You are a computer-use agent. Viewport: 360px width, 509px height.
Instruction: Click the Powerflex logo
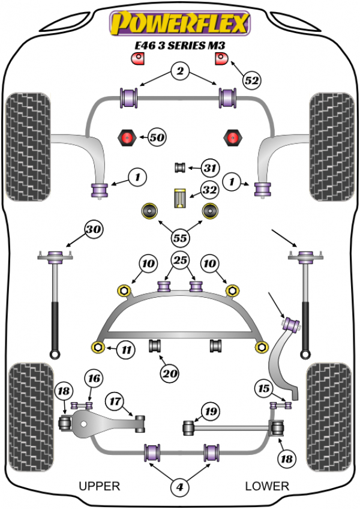coord(178,22)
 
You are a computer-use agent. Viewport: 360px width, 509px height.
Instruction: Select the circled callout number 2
coord(179,73)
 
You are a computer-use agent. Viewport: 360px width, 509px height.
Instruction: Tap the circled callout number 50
coord(157,137)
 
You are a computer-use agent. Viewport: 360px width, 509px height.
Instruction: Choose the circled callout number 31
coord(211,168)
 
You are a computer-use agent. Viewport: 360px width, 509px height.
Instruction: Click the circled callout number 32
coord(209,191)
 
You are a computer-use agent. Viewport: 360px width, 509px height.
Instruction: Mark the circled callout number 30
coord(93,229)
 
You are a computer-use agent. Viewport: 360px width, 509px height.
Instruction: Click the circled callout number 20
coord(169,373)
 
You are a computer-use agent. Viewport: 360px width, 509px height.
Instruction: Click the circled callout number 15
coord(263,388)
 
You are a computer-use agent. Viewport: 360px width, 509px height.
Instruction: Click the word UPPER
coord(100,486)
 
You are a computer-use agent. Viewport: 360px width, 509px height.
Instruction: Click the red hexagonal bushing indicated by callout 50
coord(127,138)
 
